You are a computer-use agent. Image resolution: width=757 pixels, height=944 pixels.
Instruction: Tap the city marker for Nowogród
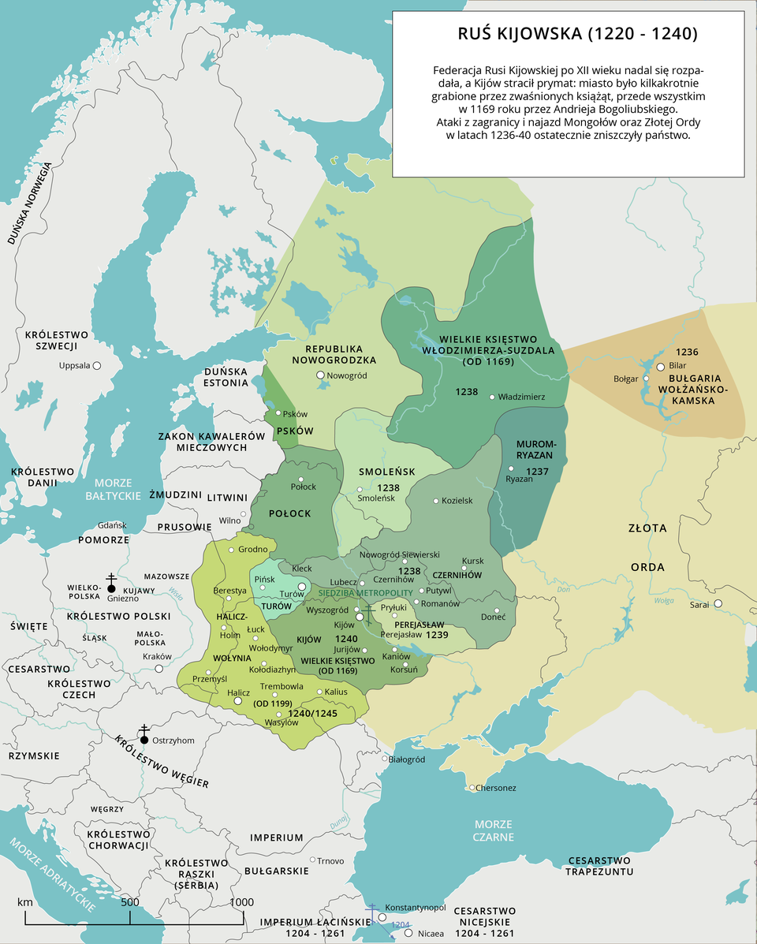(320, 375)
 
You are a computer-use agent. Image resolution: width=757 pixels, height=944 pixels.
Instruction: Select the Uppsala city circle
(97, 366)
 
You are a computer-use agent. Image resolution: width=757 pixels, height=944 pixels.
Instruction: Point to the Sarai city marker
(718, 604)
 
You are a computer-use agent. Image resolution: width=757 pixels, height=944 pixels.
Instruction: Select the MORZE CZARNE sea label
(494, 830)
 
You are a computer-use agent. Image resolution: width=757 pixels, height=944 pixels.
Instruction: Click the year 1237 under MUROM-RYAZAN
(537, 471)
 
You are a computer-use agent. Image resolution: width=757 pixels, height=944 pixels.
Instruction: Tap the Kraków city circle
(158, 668)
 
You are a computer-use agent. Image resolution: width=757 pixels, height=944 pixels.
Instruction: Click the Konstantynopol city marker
(382, 917)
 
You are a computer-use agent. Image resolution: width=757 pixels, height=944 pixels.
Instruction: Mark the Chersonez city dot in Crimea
(472, 788)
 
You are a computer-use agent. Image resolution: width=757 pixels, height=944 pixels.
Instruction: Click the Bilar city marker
(661, 367)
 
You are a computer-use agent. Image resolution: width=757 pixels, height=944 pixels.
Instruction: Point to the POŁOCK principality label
(290, 513)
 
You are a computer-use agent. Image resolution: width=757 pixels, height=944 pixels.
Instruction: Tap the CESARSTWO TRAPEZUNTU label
(599, 865)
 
